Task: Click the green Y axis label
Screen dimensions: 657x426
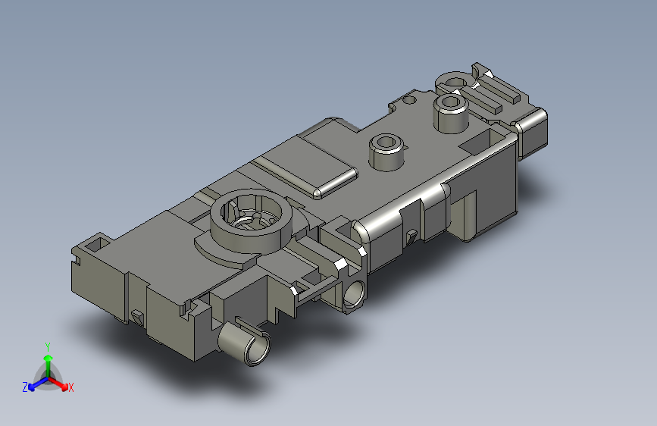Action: point(48,347)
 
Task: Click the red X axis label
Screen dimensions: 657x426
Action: point(70,387)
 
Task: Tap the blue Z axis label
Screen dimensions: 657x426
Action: point(25,387)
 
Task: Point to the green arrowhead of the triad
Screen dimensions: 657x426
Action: point(48,359)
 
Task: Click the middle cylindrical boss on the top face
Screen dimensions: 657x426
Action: point(386,152)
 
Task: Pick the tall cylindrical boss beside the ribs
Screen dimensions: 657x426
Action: point(451,112)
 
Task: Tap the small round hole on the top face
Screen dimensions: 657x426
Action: point(409,100)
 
